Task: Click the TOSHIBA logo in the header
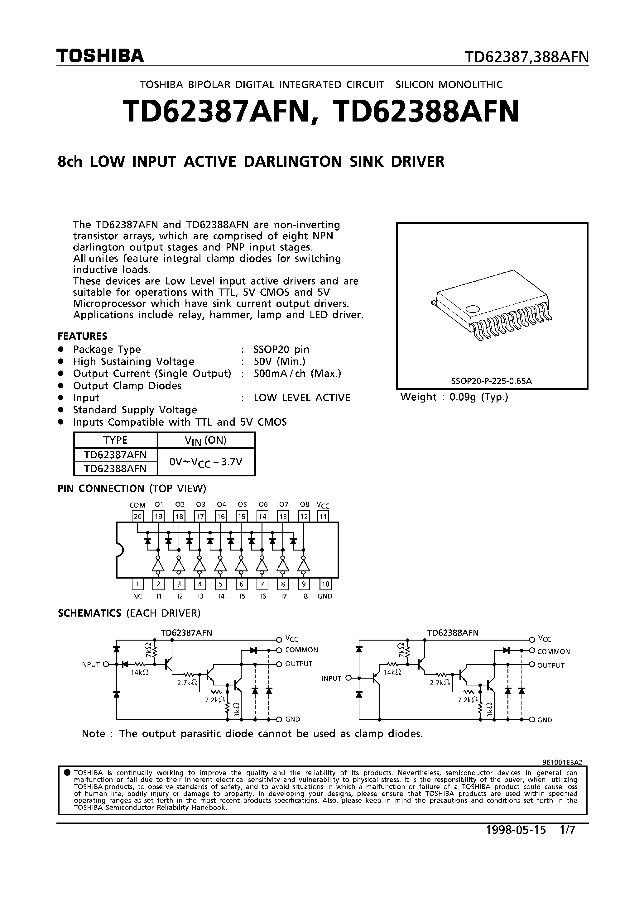[x=100, y=56]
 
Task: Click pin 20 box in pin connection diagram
[x=137, y=516]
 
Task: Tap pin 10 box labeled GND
[x=325, y=584]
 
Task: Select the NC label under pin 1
[x=137, y=596]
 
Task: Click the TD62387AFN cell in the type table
[x=116, y=454]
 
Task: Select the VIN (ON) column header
[x=206, y=441]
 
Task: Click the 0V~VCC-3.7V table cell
[x=206, y=462]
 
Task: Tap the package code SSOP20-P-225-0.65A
[x=491, y=381]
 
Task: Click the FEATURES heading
[x=83, y=336]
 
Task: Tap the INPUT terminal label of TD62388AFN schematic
[x=332, y=679]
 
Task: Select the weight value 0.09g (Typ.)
[x=478, y=397]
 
